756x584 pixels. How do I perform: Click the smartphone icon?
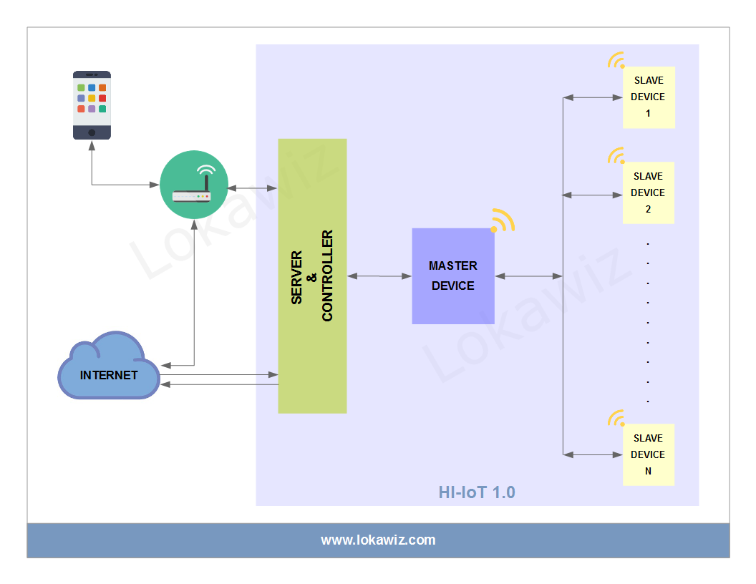(92, 104)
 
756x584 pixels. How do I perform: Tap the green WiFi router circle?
(193, 185)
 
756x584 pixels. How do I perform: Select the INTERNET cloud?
(109, 369)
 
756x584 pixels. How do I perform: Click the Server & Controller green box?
(312, 276)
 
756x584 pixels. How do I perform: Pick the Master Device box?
(452, 276)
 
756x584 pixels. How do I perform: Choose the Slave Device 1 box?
(648, 97)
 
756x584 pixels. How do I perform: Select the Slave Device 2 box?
(648, 193)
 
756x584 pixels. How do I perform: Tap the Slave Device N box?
(648, 454)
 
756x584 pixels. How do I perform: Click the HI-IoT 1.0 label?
(477, 492)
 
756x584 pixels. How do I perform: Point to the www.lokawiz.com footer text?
(378, 540)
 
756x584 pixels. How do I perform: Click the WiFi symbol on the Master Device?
(503, 221)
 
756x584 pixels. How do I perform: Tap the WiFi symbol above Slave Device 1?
(616, 60)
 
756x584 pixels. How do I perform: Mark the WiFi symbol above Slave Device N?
(616, 418)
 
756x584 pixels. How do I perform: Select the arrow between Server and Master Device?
(379, 276)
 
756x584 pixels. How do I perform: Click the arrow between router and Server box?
(253, 188)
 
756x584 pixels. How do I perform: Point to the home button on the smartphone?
(92, 132)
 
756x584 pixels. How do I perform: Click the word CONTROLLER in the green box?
(328, 276)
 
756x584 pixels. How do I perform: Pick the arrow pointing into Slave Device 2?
(593, 194)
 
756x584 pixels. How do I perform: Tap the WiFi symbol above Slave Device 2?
(616, 155)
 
